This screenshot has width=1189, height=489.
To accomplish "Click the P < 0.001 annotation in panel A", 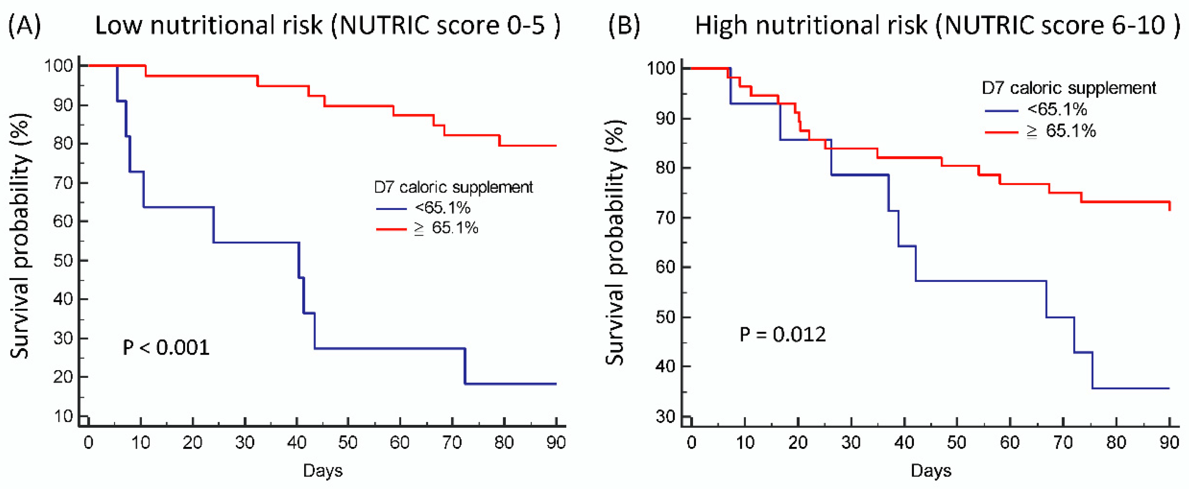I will pos(166,347).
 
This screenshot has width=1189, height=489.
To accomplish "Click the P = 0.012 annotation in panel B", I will pos(782,335).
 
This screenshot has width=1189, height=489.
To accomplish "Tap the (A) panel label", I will pos(24,25).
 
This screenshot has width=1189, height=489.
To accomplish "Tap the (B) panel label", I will pos(624,25).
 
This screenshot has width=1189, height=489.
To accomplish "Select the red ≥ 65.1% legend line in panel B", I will pos(1001,132).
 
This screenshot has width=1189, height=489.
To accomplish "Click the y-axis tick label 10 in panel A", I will pos(63,416).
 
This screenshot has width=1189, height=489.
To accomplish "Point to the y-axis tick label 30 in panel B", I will pos(665,417).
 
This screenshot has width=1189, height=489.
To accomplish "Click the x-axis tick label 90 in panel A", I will pos(556,443).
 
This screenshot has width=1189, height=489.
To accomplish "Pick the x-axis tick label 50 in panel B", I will pos(956,443).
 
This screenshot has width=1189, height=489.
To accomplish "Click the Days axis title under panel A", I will pos(323,471).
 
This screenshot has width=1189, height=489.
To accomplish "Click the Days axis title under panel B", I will pos(931,471).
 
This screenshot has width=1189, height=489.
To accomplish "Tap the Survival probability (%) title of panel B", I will pos(615,242).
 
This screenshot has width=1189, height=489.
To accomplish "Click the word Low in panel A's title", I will pos(118,25).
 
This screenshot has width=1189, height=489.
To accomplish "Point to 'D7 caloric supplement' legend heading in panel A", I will pos(453,187).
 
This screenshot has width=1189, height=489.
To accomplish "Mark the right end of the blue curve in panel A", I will pos(556,384).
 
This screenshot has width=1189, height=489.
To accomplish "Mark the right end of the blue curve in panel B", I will pos(1169,389).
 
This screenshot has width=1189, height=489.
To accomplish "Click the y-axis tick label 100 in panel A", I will pos(58,65).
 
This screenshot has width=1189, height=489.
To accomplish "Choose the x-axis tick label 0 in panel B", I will pos(691,443).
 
